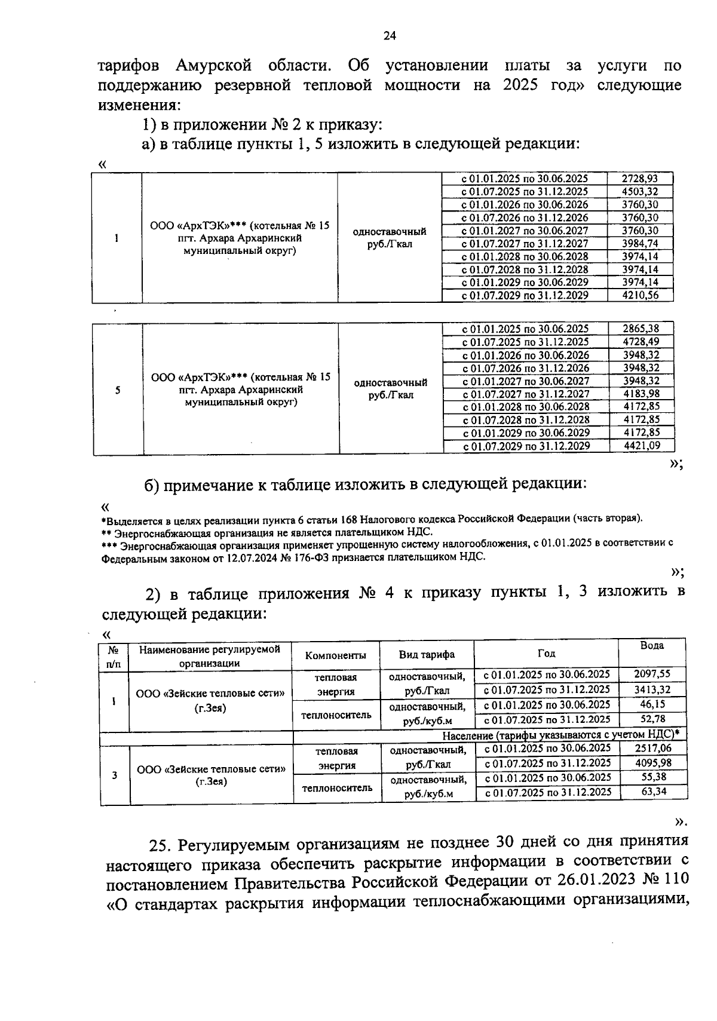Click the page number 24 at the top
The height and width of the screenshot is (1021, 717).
tap(390, 36)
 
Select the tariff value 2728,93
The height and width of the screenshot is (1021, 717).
tap(639, 179)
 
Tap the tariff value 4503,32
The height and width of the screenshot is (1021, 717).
tap(639, 192)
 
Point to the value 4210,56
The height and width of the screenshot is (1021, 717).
tap(639, 295)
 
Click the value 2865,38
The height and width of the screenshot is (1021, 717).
tap(641, 329)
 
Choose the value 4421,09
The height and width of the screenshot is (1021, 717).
tap(641, 446)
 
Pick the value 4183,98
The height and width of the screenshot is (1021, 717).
tap(641, 394)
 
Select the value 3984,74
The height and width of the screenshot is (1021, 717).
tap(639, 244)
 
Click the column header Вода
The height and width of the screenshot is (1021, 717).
tap(651, 646)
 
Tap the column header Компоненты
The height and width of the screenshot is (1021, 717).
tap(336, 655)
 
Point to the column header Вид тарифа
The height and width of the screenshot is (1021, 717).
tap(427, 655)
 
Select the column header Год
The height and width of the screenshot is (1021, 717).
tap(546, 654)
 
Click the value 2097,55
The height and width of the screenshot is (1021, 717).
tap(652, 674)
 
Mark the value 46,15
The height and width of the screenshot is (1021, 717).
tap(652, 704)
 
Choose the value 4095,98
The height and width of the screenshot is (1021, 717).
tap(652, 763)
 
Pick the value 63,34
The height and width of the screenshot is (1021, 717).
tap(652, 792)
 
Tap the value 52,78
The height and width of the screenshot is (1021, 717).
tap(652, 719)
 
